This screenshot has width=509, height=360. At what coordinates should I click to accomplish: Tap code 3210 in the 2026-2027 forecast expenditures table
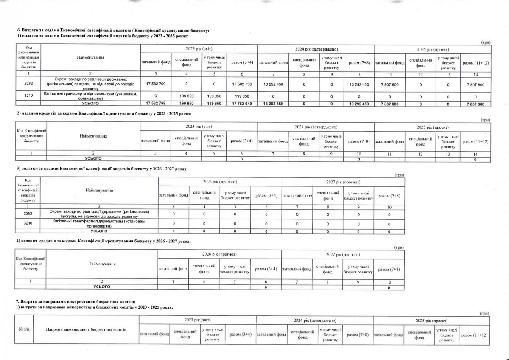[x=28, y=223]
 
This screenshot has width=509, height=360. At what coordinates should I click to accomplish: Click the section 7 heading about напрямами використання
[x=76, y=301]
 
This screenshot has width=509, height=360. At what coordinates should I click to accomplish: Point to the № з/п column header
[x=23, y=330]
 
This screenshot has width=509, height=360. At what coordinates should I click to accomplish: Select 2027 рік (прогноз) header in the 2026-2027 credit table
[x=343, y=254]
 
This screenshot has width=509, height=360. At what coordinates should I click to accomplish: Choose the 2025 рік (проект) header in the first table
[x=433, y=50]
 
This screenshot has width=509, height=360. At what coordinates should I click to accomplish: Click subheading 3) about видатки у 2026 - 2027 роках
[x=101, y=169]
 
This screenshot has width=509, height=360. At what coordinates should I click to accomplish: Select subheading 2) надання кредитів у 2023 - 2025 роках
[x=103, y=114]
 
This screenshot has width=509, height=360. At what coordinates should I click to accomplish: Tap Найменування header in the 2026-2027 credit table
[x=102, y=264]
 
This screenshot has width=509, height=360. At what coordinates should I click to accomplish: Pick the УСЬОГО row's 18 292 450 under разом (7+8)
[x=359, y=104]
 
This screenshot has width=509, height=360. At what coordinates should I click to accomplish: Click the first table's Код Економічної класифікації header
[x=29, y=57]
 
